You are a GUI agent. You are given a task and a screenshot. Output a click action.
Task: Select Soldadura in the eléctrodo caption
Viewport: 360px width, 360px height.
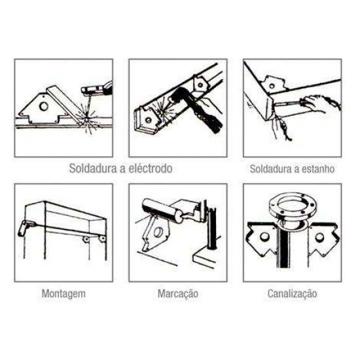tap(93, 168)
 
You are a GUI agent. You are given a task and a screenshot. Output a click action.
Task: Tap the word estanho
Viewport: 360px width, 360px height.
tap(319, 168)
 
